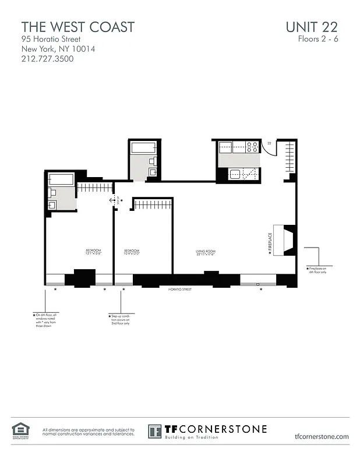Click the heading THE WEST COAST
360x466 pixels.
pyautogui.click(x=78, y=27)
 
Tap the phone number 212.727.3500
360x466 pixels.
pyautogui.click(x=47, y=59)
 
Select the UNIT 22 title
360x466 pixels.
pyautogui.click(x=312, y=27)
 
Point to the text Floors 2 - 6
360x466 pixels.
pyautogui.click(x=317, y=40)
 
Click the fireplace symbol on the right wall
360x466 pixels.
pyautogui.click(x=288, y=239)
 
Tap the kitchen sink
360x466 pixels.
pyautogui.click(x=236, y=173)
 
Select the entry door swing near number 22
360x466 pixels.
pyautogui.click(x=268, y=149)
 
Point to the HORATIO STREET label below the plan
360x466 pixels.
pyautogui.click(x=180, y=289)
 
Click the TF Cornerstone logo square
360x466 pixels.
pyautogui.click(x=155, y=432)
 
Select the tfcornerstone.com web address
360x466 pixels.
pyautogui.click(x=322, y=436)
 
